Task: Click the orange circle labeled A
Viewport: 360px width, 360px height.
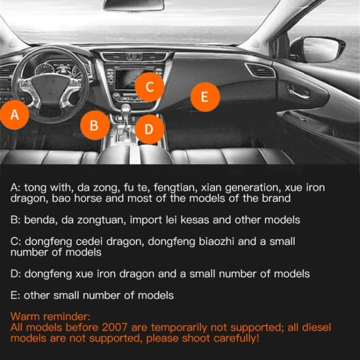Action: (x=15, y=114)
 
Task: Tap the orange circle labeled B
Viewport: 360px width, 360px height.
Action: (x=94, y=125)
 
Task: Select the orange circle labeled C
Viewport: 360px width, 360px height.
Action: (x=149, y=86)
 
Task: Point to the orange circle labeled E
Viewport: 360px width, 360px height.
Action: (x=205, y=97)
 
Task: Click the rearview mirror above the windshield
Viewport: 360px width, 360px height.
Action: (x=134, y=5)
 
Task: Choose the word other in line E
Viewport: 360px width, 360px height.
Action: (x=37, y=295)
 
